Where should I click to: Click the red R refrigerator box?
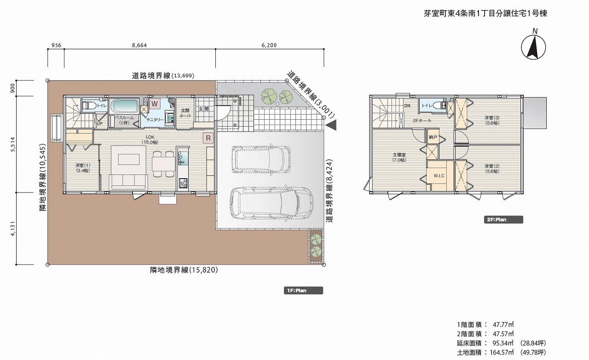(x=208, y=138)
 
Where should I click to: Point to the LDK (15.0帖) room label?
(x=150, y=139)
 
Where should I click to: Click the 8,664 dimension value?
(x=139, y=45)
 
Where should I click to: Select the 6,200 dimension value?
(x=269, y=45)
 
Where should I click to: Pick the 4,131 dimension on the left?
(x=13, y=228)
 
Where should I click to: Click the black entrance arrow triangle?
(x=331, y=124)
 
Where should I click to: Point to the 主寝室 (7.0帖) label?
(x=399, y=157)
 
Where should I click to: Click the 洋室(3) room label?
(x=491, y=120)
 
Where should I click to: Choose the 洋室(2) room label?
(x=491, y=168)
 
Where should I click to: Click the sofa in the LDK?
(x=128, y=181)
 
